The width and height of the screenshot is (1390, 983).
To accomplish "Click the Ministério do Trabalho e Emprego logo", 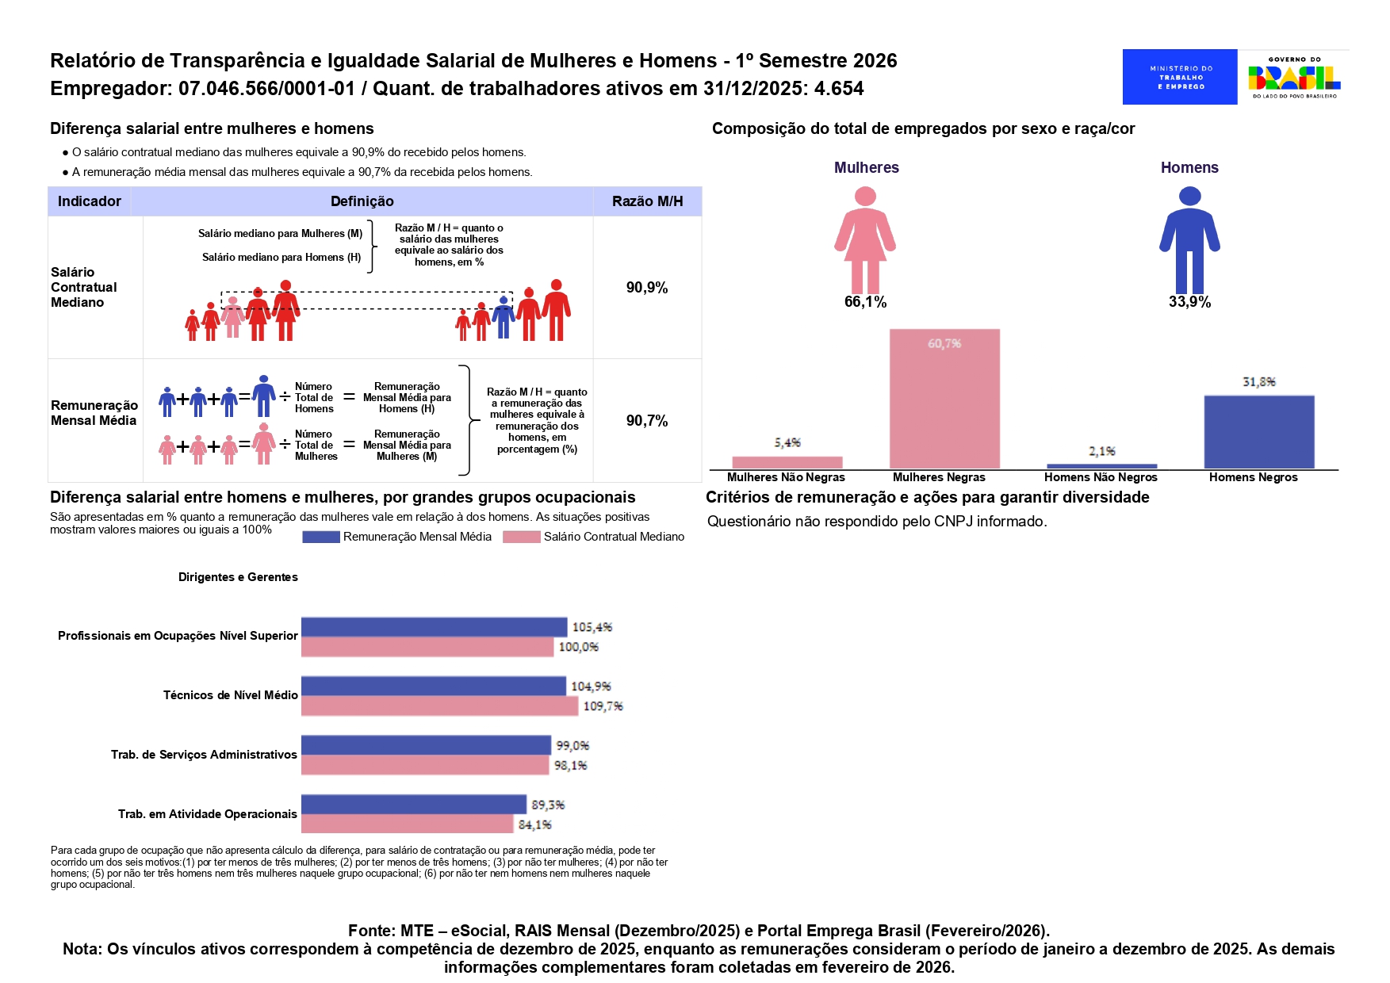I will click(x=1179, y=77).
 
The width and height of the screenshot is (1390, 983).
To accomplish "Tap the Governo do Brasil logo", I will click(x=1294, y=77).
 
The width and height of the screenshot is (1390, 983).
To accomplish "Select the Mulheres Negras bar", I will click(x=944, y=399).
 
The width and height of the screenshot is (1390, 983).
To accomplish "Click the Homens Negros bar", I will click(x=1258, y=432).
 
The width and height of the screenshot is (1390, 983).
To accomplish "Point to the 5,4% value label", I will click(x=787, y=442).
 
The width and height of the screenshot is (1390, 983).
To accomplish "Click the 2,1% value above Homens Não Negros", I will click(x=1101, y=451).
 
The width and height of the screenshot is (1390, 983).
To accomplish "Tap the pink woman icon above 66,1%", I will click(x=865, y=239).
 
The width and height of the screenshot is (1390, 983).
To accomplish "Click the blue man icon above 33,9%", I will click(x=1189, y=239).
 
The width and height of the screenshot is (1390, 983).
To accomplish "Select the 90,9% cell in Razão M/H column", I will click(x=647, y=288).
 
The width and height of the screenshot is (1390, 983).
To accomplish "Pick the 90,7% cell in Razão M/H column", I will click(x=647, y=421).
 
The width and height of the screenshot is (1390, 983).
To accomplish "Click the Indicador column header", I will click(x=90, y=201).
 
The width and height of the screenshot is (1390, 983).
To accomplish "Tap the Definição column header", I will click(x=362, y=201).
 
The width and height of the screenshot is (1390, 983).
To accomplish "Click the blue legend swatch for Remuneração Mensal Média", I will click(x=321, y=537).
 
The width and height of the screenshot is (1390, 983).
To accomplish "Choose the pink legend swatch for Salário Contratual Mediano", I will click(x=521, y=537).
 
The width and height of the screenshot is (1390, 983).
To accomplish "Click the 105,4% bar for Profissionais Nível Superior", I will click(x=434, y=627).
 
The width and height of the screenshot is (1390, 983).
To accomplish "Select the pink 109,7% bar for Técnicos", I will click(x=439, y=706).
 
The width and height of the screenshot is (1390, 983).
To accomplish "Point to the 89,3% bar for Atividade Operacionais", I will click(x=413, y=805).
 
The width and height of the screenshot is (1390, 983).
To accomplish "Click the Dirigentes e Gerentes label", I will click(x=238, y=577).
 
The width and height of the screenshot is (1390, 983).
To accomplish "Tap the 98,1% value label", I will click(x=570, y=765).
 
